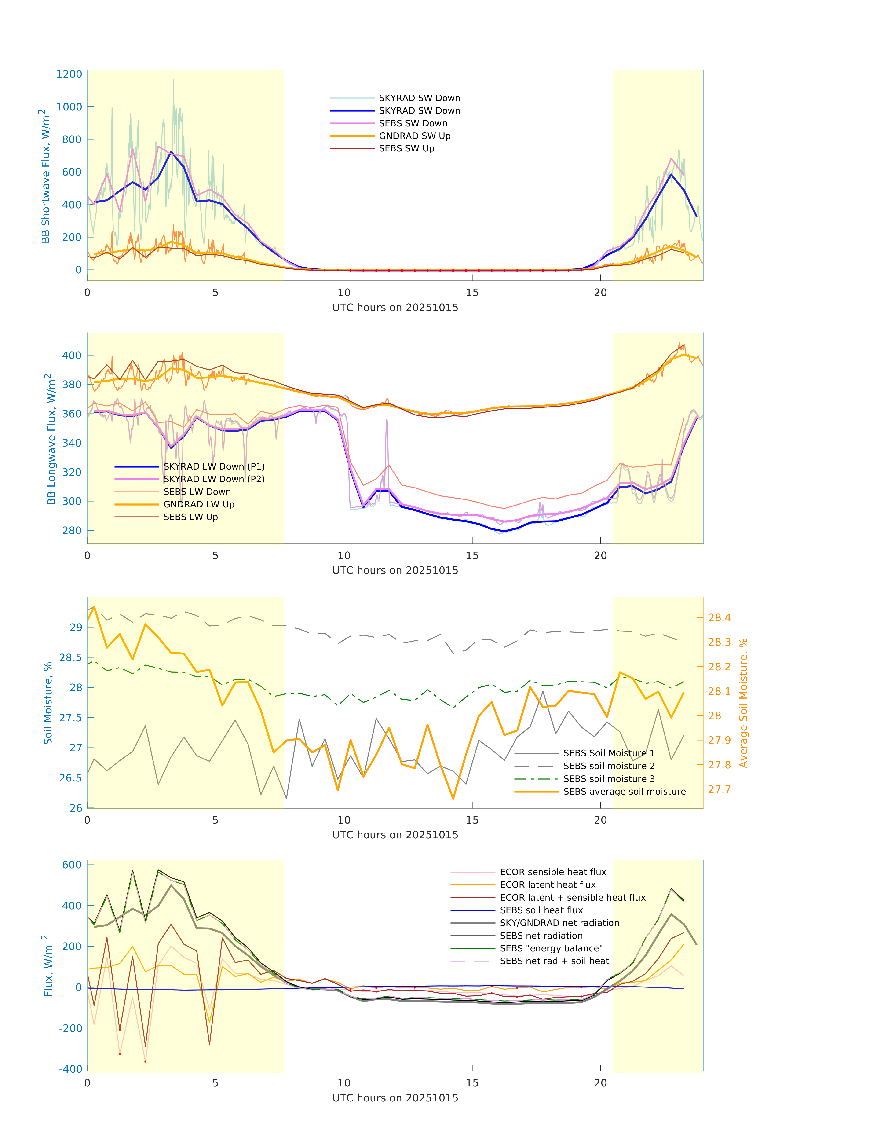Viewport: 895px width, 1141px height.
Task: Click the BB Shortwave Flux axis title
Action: (x=46, y=176)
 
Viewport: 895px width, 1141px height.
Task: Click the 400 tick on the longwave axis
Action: (x=72, y=355)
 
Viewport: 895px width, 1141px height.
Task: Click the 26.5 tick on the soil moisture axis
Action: (x=71, y=778)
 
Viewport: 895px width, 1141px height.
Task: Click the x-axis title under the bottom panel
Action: (x=395, y=1098)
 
